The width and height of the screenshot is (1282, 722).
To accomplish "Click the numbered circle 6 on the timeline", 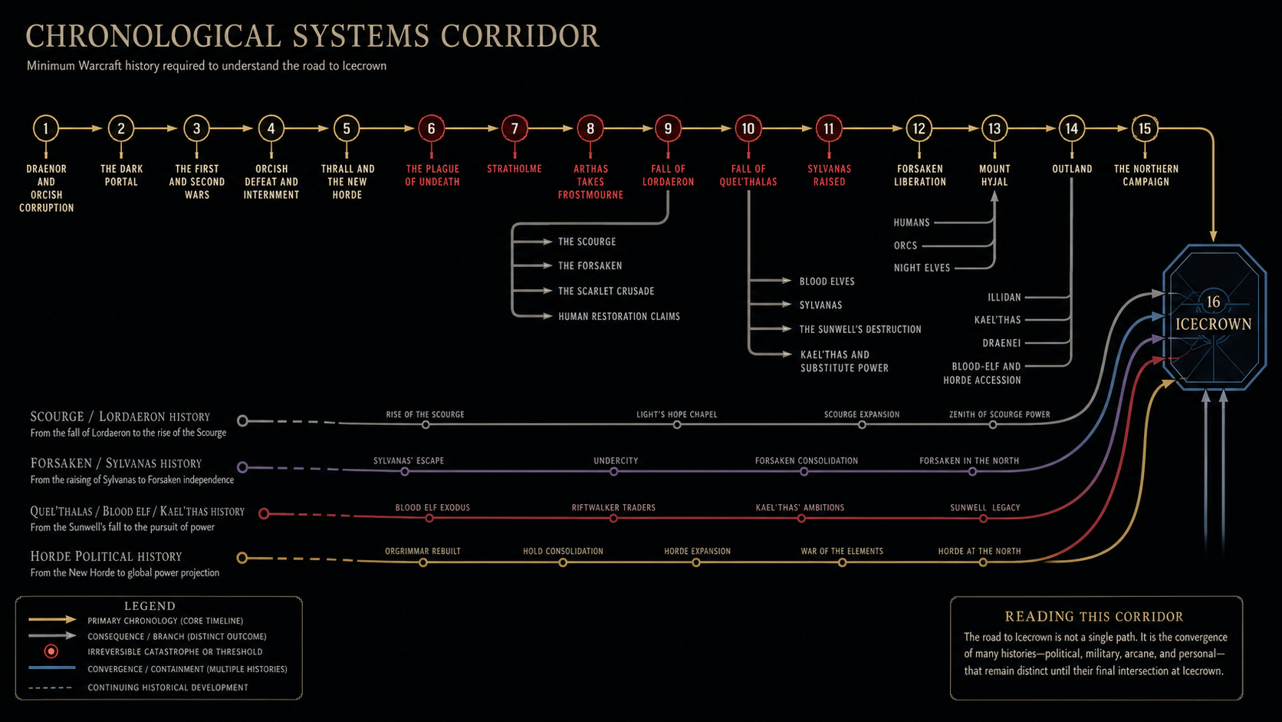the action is tap(431, 128).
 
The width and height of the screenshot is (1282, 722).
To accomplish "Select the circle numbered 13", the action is tap(994, 128).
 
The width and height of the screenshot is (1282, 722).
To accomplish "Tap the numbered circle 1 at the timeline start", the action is tap(46, 128).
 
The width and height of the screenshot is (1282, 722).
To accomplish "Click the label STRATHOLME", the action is tap(514, 169).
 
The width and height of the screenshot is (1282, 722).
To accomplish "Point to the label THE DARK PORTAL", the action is tap(121, 175).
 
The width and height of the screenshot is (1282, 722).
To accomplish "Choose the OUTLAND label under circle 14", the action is tap(1072, 169).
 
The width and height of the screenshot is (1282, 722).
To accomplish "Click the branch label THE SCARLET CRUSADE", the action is tap(606, 291).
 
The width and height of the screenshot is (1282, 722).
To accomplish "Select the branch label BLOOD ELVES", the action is tap(827, 281).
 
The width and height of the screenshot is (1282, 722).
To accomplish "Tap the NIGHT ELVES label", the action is tap(922, 267).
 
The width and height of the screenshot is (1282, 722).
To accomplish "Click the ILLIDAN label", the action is tap(1004, 297).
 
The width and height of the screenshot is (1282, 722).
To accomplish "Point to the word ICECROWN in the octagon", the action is tap(1213, 324).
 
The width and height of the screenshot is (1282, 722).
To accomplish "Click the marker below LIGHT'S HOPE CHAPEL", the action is tap(677, 425).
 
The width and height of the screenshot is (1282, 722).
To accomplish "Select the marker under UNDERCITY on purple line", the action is tap(613, 472).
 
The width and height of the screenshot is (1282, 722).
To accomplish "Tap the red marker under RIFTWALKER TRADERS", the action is tap(613, 519).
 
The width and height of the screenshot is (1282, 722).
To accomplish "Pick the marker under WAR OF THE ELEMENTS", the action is tap(842, 563).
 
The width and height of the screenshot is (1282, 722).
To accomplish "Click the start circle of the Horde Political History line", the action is tap(242, 558).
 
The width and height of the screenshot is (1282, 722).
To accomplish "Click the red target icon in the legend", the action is tap(51, 651).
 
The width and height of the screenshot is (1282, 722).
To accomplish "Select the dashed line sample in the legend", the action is tap(51, 687).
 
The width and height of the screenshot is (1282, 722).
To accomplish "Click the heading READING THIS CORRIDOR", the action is tap(1094, 617).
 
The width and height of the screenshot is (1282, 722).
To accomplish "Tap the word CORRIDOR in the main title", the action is tap(520, 36).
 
